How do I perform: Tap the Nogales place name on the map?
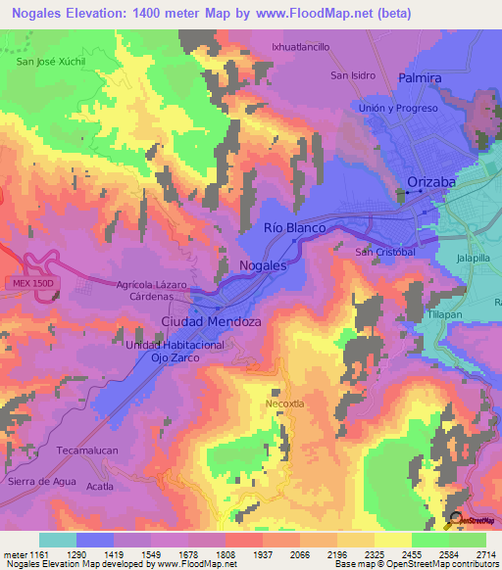[263, 265]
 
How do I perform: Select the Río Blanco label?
[294, 226]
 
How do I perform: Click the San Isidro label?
[353, 75]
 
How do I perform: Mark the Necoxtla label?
[287, 403]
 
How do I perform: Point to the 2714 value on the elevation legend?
[485, 554]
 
